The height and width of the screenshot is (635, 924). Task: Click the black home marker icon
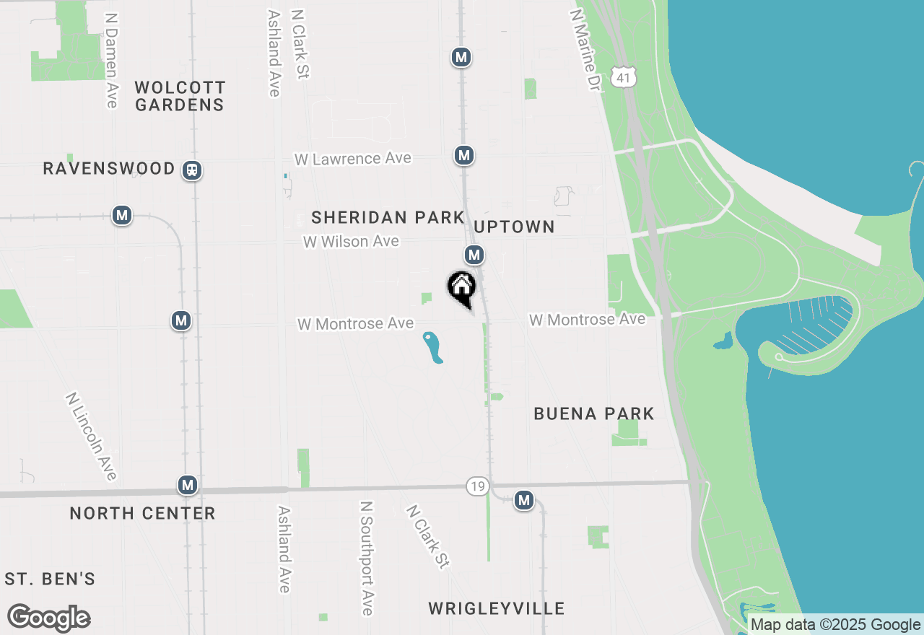(462, 287)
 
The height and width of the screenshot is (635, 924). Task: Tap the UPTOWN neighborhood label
(515, 227)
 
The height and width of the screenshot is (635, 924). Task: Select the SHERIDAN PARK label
(388, 217)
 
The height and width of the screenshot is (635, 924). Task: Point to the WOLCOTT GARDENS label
(180, 96)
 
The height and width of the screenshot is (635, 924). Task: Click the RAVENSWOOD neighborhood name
(109, 169)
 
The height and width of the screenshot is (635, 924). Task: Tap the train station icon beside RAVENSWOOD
(192, 170)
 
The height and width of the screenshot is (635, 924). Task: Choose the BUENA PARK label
(594, 413)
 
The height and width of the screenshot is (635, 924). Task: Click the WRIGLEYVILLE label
(497, 608)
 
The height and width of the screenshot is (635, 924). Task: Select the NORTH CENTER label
(142, 513)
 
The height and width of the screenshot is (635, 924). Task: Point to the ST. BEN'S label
(50, 579)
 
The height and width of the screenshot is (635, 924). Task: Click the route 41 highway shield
(623, 77)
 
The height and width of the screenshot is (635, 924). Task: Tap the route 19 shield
(476, 486)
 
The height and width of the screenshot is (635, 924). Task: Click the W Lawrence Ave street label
(352, 159)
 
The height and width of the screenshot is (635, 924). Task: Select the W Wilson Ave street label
(351, 242)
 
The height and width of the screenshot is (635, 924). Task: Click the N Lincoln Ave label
(91, 436)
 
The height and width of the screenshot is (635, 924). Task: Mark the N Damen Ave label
(111, 60)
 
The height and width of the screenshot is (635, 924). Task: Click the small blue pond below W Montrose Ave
(432, 347)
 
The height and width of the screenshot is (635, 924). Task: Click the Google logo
(49, 618)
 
